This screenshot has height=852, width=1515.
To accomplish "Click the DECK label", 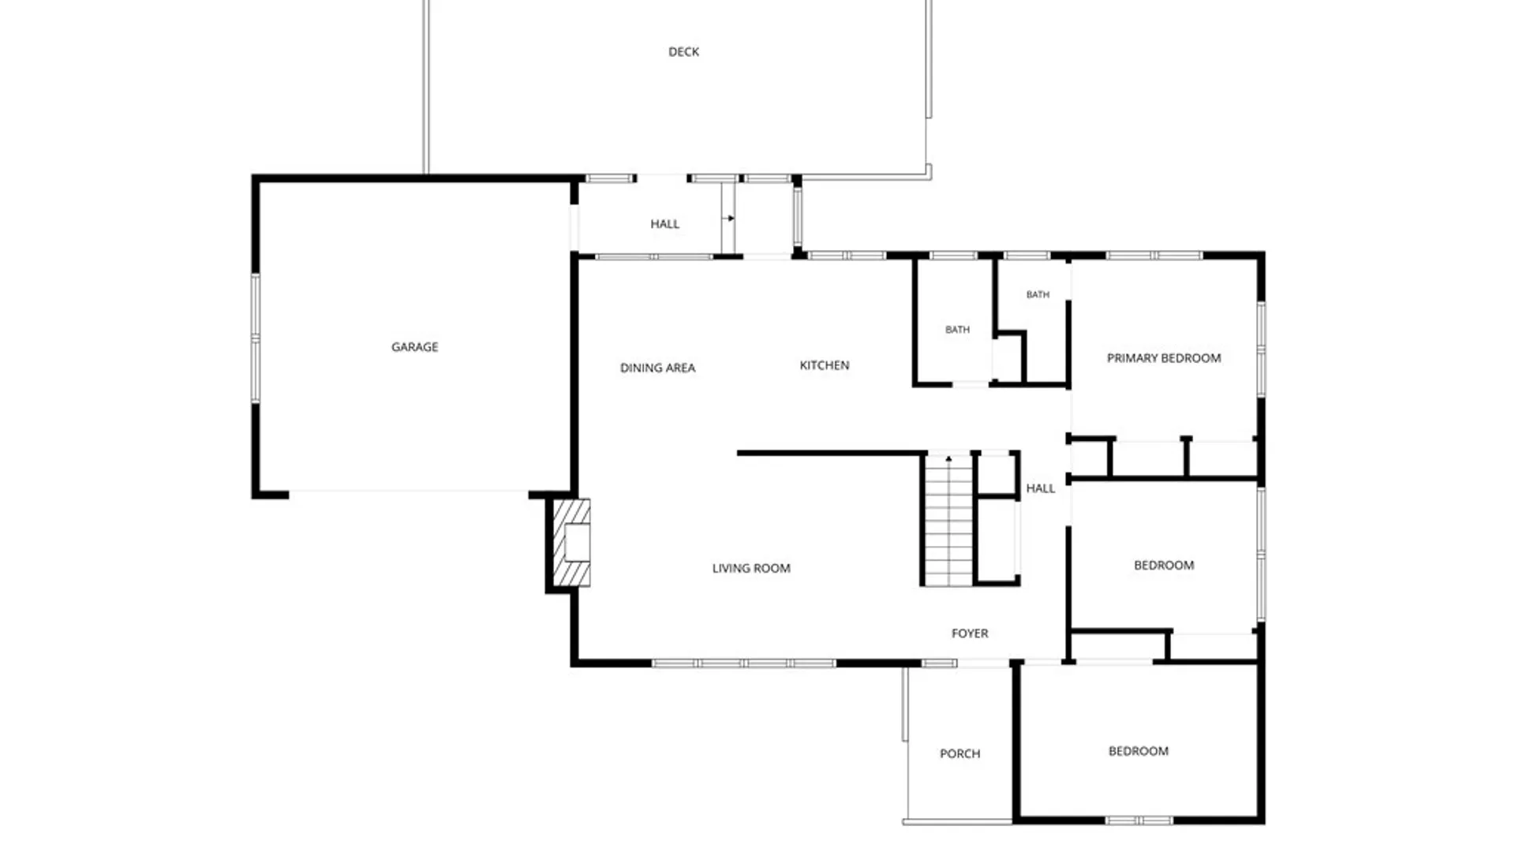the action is (683, 52).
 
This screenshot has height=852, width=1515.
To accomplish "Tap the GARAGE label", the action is (414, 347).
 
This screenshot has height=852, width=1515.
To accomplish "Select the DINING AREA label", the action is (657, 368).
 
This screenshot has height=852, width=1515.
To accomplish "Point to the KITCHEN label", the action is (825, 365).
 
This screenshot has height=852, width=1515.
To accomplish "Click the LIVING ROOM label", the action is (751, 568).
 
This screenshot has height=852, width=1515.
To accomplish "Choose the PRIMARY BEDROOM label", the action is (1164, 358).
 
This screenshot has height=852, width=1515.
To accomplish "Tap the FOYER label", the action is (970, 633).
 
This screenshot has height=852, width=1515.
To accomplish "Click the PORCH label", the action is (960, 754).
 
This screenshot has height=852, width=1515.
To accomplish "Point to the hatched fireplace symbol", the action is (571, 543).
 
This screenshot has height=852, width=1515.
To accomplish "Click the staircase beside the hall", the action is (948, 521).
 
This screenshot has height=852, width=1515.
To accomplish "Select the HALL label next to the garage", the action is (664, 224).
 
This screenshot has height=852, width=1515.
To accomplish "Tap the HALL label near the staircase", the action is (1040, 488).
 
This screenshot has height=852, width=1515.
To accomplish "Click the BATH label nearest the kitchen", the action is (957, 330).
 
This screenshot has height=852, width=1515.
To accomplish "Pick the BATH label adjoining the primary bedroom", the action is (1038, 295).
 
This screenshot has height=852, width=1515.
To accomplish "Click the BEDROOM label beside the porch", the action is (1138, 751).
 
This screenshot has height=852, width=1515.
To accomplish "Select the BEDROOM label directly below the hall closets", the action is (1164, 566).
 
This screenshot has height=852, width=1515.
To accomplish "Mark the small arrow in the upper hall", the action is (728, 219).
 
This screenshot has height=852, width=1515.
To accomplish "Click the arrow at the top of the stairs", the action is (948, 458).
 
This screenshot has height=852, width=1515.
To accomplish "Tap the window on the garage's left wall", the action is (255, 338).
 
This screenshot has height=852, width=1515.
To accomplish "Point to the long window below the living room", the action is (743, 663).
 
